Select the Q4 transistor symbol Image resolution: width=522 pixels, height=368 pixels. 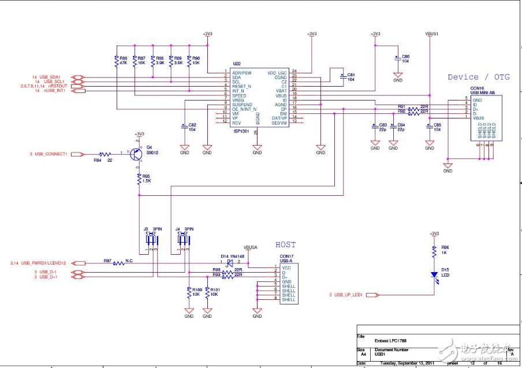136,154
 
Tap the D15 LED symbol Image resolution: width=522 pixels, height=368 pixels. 434,274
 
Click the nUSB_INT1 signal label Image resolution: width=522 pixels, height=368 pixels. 55,91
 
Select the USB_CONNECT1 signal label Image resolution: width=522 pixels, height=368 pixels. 51,154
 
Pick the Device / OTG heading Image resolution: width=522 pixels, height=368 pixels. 479,77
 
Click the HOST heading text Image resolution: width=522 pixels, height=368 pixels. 285,245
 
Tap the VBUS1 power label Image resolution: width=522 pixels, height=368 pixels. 432,34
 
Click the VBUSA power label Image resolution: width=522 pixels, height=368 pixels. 251,247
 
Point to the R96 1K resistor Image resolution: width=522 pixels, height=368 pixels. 434,251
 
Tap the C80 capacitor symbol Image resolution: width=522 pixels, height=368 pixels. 398,58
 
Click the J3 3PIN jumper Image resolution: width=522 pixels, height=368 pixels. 152,239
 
